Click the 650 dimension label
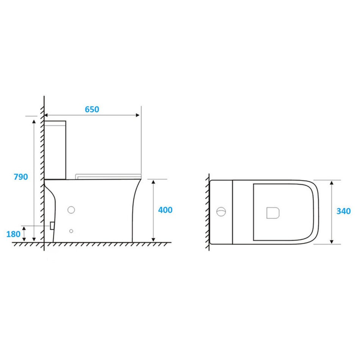pos(92,109)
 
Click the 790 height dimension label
pos(21,177)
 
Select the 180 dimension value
pos(13,234)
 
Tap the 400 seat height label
pos(165,210)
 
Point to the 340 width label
pos(343,211)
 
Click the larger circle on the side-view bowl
pos(71,210)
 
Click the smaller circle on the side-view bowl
pos(71,231)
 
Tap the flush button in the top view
pos(221,212)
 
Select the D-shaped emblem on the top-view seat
pos(273,213)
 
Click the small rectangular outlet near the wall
pos(52,226)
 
